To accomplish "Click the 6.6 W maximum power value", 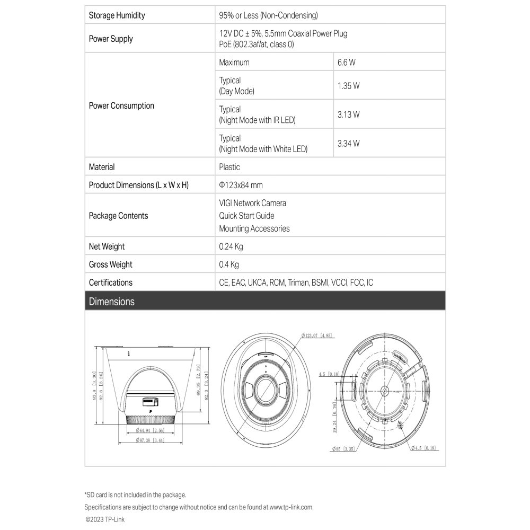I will [x=346, y=63].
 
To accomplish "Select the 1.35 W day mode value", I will [x=348, y=86].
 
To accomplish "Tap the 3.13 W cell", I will [x=348, y=114].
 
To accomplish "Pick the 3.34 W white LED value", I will [x=348, y=144].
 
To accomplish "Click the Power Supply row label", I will [x=111, y=39].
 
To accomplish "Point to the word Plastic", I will [x=229, y=167].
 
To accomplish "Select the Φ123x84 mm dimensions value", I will [x=241, y=185].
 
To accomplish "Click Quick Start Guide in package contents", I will [x=246, y=216].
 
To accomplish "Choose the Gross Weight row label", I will [x=111, y=264].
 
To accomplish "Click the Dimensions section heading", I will [x=112, y=302].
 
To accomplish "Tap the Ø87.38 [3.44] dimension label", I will [x=149, y=440].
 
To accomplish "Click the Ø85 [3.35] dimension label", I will [x=343, y=449].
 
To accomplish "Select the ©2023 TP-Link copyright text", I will [x=105, y=520].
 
